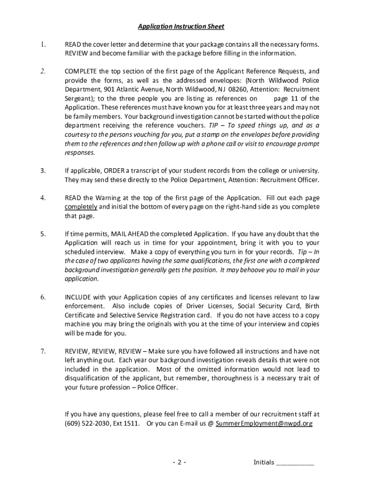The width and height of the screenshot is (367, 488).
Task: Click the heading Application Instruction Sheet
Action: (181, 27)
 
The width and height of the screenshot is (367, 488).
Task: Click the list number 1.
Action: (43, 44)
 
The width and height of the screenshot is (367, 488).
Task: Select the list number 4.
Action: (43, 197)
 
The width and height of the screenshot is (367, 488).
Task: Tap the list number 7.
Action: (43, 351)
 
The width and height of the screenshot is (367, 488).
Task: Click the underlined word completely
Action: (81, 207)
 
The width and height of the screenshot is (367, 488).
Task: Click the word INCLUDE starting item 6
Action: (77, 297)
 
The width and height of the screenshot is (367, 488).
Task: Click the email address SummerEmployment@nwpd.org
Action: (264, 424)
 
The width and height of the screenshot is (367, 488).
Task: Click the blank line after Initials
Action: (295, 462)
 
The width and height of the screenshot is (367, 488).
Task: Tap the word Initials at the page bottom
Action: (264, 462)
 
